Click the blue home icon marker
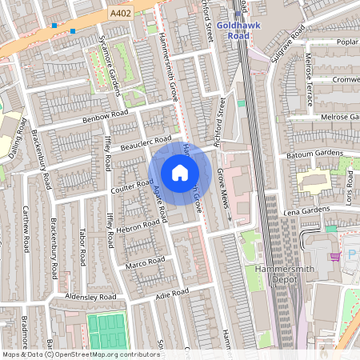pos(180,172)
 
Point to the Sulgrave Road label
pos(288,36)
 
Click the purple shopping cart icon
pos(334,256)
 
